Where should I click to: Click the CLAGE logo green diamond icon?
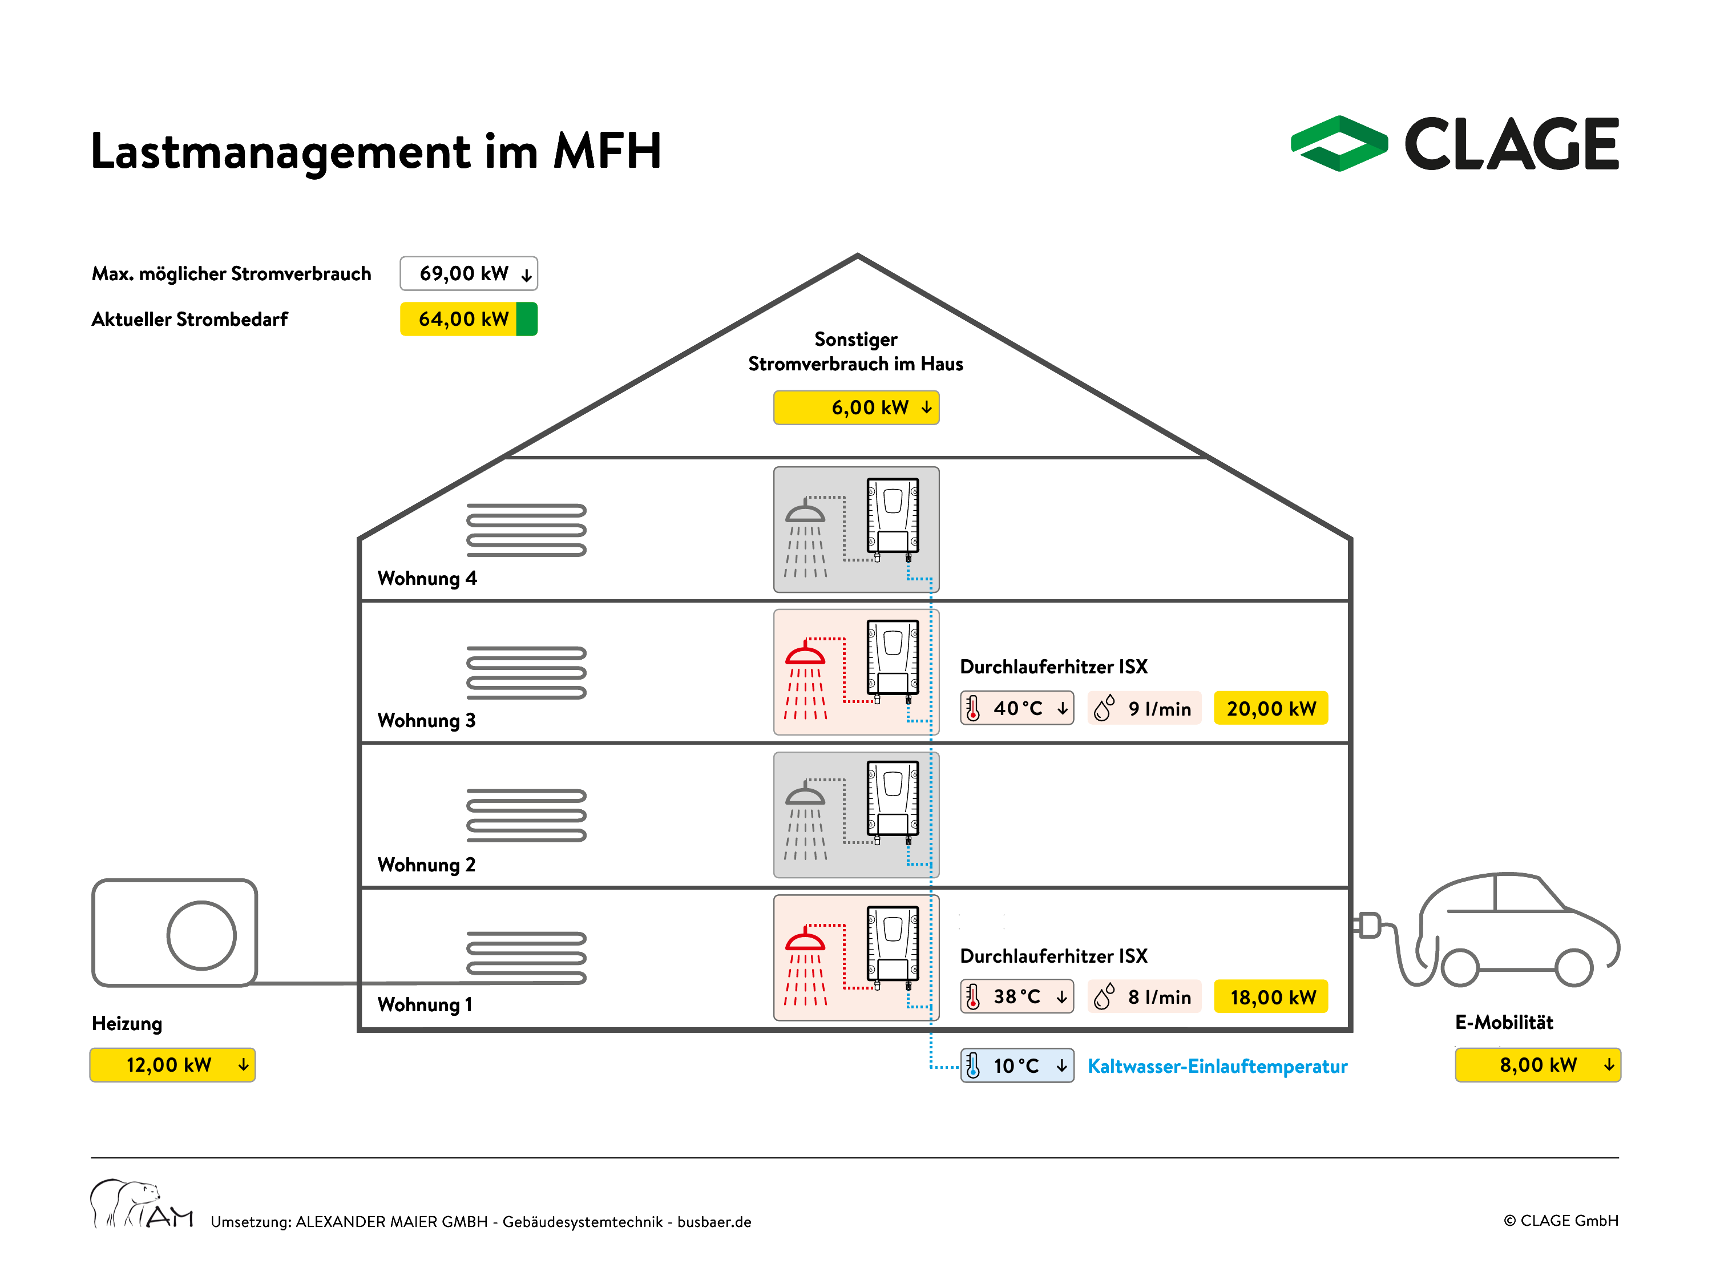(1339, 143)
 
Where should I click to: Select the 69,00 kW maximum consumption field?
(469, 273)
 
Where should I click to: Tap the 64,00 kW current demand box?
(469, 319)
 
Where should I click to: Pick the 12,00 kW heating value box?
(172, 1065)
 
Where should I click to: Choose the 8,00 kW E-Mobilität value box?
(1538, 1065)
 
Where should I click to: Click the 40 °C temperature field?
(1017, 708)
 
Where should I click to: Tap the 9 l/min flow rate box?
(1144, 708)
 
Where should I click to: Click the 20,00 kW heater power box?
(1271, 708)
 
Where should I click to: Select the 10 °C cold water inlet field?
(1017, 1066)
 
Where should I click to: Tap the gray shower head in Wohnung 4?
(805, 511)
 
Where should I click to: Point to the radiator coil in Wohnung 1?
(526, 958)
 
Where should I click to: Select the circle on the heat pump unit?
(201, 935)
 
